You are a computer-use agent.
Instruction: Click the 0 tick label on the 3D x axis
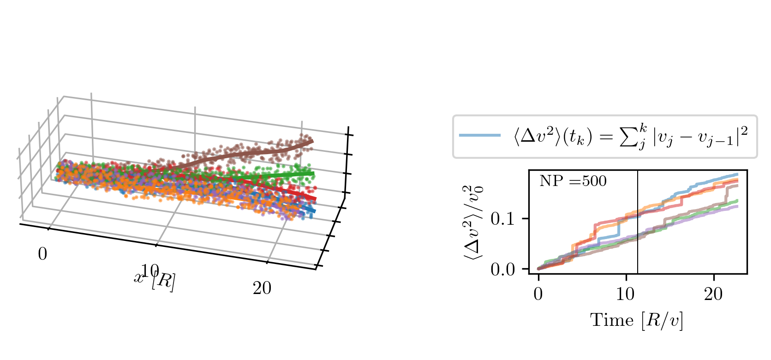point(42,254)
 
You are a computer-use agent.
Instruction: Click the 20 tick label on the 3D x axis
point(262,288)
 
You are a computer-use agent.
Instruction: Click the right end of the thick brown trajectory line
point(312,141)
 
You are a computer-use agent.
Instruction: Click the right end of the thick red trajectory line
point(315,199)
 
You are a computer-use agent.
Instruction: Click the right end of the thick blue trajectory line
point(314,211)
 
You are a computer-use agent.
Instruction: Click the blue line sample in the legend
point(480,135)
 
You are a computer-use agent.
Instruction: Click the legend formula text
point(631,137)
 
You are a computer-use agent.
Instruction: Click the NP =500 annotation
point(573,181)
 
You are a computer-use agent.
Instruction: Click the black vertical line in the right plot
point(638,222)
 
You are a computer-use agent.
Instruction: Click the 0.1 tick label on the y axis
point(502,218)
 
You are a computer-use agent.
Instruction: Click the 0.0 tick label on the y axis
point(502,269)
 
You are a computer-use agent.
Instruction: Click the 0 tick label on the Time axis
point(538,294)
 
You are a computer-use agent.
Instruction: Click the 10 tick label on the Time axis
point(626,294)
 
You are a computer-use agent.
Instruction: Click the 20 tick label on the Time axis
point(713,294)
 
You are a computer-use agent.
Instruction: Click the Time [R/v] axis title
point(637,320)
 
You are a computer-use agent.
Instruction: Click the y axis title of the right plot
point(474,222)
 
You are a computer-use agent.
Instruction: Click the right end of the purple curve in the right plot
point(737,206)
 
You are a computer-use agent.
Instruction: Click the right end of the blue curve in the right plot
point(737,174)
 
